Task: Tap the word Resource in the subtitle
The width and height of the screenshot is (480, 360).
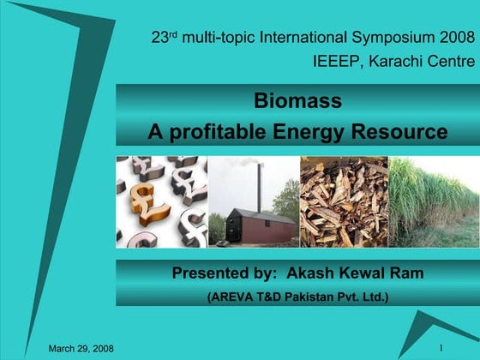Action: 401,133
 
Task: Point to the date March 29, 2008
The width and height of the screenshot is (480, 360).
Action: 81,348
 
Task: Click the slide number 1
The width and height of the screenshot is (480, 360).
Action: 440,347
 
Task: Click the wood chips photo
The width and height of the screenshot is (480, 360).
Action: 343,202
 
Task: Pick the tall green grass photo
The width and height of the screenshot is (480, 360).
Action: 434,202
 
